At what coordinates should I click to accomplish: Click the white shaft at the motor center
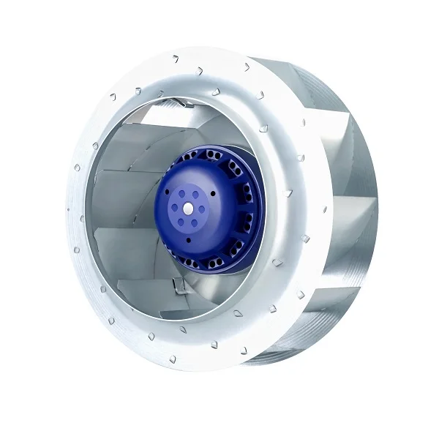189,208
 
